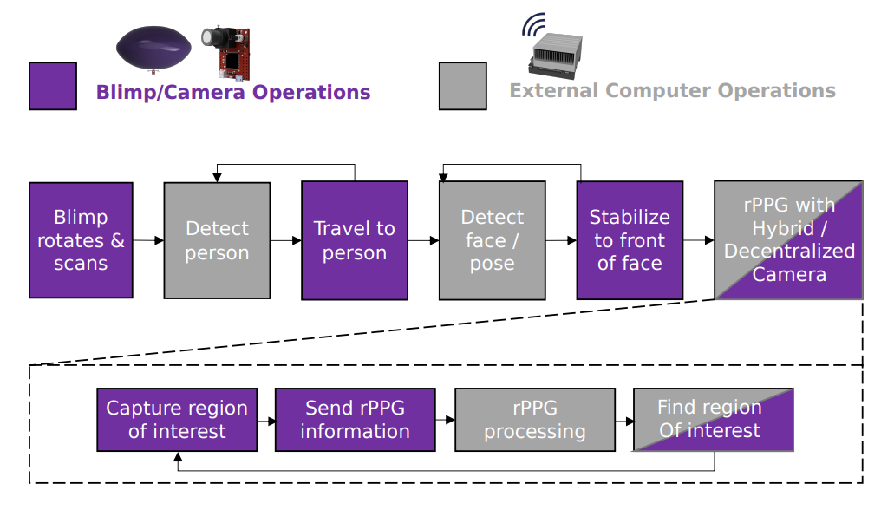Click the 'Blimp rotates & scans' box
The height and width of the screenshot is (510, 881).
(81, 240)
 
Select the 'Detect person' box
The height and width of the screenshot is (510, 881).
(217, 240)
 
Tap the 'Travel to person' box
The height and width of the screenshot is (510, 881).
(355, 240)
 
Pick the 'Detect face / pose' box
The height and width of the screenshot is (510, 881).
(493, 240)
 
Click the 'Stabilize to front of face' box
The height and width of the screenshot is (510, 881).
(630, 240)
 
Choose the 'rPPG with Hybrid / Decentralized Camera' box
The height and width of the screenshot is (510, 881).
(788, 240)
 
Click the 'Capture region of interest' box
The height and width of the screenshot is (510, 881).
(177, 420)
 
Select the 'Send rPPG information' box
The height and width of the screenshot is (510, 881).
(356, 420)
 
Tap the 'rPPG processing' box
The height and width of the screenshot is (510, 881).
(535, 420)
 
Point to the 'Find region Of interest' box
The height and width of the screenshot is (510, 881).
(714, 420)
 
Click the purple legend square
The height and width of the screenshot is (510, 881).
(53, 86)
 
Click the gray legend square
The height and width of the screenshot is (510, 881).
(463, 86)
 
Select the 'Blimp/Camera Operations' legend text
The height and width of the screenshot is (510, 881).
(233, 92)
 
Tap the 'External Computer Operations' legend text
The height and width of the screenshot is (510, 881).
(673, 90)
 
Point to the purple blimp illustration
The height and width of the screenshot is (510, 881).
(153, 49)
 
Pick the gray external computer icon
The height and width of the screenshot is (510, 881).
(555, 56)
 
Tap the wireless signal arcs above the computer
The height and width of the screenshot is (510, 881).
(533, 24)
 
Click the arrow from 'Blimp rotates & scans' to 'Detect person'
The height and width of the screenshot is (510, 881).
(148, 240)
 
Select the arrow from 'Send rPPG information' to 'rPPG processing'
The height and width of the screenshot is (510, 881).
(445, 420)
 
